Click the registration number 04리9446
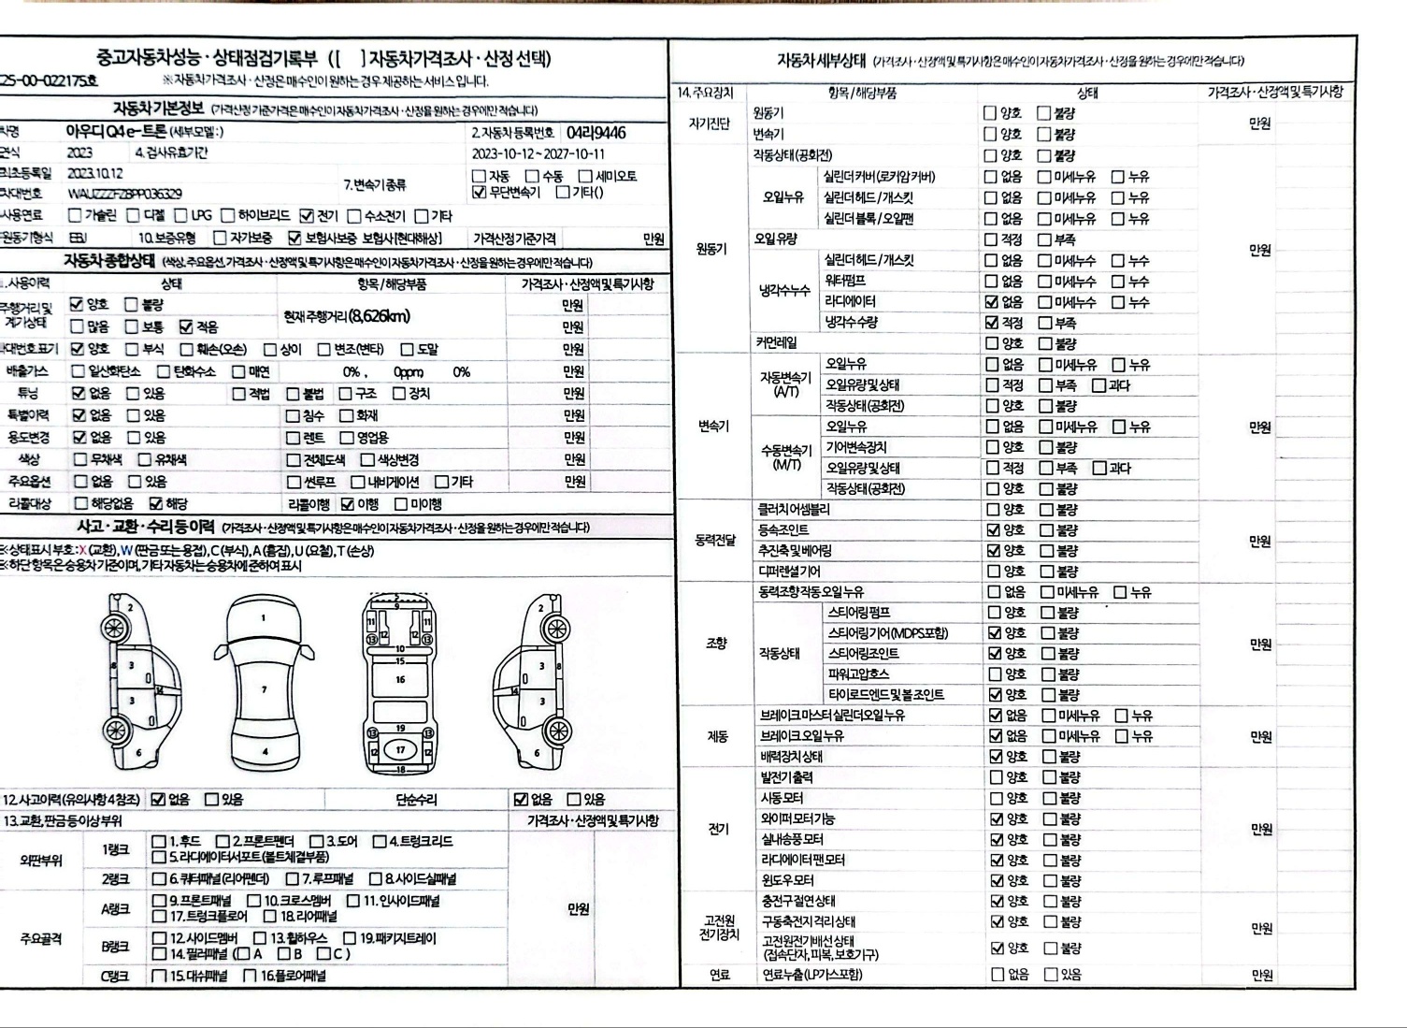596,133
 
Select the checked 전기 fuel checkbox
307,216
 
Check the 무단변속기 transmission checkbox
479,193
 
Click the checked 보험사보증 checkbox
294,239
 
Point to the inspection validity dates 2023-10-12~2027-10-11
538,154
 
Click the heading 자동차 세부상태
821,60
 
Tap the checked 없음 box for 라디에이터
992,302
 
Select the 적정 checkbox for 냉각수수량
992,323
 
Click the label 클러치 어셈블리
794,510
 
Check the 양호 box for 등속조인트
994,530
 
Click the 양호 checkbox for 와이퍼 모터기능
997,819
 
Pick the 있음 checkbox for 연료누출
1051,975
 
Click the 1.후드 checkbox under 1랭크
158,842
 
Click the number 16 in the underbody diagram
400,679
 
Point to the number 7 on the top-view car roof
265,689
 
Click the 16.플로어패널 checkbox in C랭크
250,977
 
